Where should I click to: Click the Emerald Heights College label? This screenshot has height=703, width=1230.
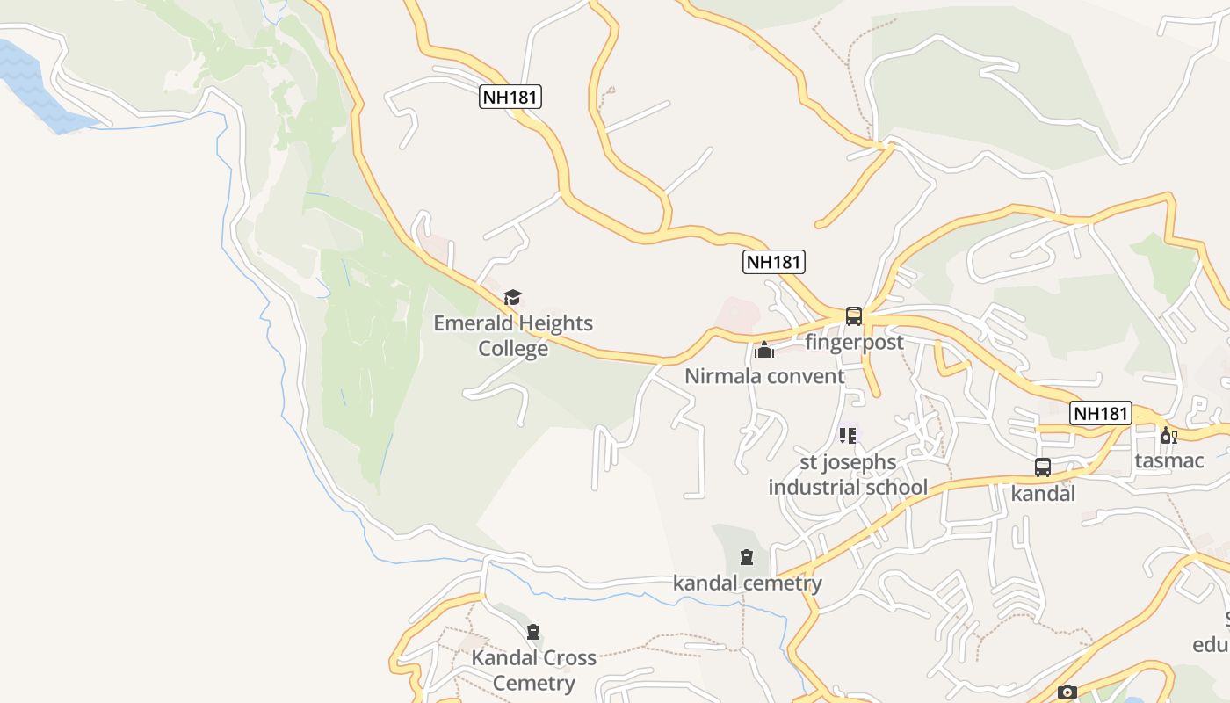coord(513,336)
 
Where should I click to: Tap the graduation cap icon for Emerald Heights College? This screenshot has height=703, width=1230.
coord(513,298)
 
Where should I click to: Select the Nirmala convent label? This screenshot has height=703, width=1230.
coord(764,376)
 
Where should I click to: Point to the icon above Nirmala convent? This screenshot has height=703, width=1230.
coord(764,351)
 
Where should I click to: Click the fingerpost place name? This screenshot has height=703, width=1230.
coord(854,342)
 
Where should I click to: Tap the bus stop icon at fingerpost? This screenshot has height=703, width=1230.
coord(854,316)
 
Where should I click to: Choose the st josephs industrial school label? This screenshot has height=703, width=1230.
coord(848,475)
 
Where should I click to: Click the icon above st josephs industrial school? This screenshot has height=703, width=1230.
coord(848,435)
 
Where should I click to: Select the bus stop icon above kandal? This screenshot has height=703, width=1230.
coord(1043,467)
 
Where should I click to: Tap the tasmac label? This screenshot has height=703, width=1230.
coord(1168,460)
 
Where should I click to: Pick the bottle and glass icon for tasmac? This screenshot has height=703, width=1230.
coord(1168,435)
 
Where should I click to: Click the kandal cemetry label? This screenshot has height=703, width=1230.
coord(748,583)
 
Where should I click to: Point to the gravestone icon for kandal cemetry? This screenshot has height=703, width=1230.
coord(747,556)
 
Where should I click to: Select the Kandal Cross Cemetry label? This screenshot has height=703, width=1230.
coord(533,670)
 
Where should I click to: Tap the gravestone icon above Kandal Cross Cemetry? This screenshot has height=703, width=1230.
coord(533,631)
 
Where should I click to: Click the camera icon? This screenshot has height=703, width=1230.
coord(1067,692)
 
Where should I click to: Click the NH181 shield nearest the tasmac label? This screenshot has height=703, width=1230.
coord(1100,413)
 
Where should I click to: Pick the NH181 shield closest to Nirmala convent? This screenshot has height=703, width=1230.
coord(773,261)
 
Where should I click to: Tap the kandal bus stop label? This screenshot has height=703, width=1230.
coord(1043,493)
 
